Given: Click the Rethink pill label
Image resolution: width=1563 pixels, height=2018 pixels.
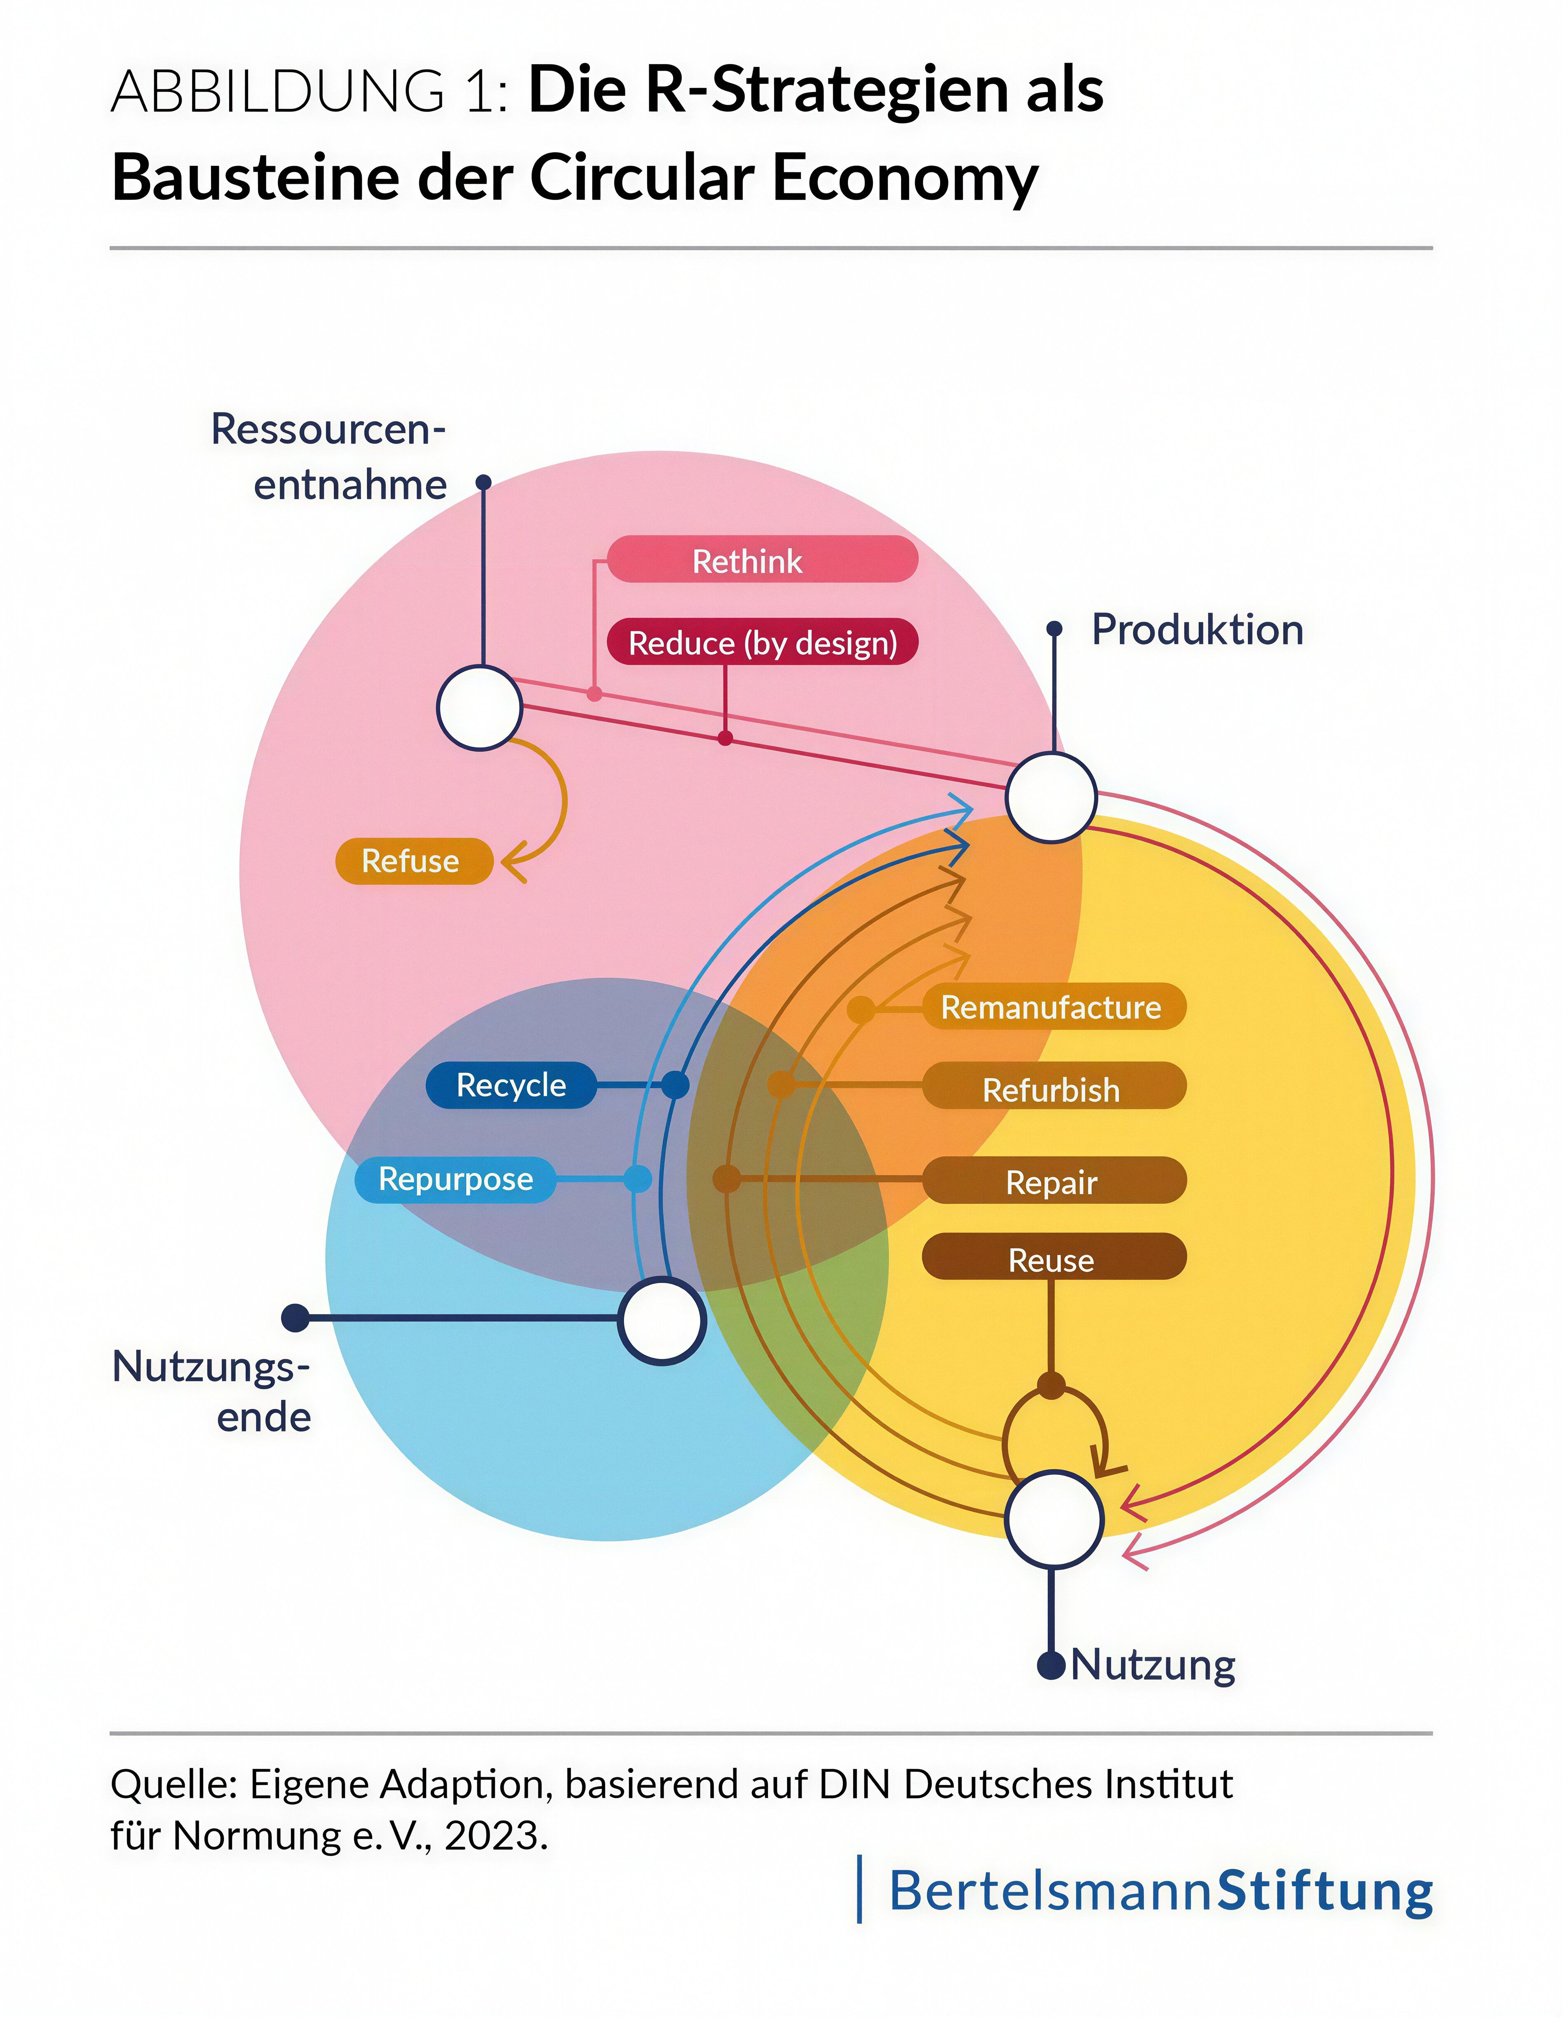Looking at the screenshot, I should [x=762, y=560].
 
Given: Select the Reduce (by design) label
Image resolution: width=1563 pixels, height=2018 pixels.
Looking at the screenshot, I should [x=762, y=642].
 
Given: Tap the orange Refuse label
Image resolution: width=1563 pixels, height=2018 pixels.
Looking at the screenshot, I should [x=413, y=861].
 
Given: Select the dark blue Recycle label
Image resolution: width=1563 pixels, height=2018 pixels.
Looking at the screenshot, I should [x=511, y=1085].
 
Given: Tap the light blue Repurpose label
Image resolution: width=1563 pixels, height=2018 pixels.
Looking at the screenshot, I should [x=455, y=1179].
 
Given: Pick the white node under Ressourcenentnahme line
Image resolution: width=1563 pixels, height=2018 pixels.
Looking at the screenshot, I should [x=479, y=708].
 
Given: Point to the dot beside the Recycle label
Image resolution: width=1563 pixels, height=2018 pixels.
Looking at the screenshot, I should [x=675, y=1085].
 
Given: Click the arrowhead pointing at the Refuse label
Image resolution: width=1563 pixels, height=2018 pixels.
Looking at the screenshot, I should [x=511, y=862].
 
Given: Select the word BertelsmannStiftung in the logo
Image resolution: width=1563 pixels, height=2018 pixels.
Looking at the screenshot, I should [x=1160, y=1891].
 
